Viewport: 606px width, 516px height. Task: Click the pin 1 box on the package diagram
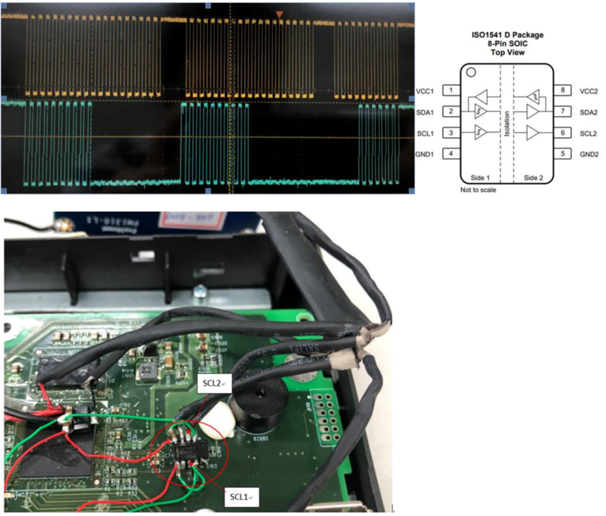tap(451, 90)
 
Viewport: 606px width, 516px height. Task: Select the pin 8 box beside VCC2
tap(562, 90)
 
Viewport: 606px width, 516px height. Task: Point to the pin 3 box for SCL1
tap(451, 133)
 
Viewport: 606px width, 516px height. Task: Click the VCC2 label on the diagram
tap(591, 90)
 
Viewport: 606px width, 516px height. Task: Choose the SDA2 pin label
tap(591, 112)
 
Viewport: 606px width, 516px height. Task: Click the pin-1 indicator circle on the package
tap(471, 74)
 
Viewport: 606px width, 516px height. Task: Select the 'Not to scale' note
tap(478, 190)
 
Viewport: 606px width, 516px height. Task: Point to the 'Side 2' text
tap(529, 175)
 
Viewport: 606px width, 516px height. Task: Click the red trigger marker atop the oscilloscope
tap(280, 14)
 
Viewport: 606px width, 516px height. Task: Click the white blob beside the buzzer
tap(218, 414)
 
